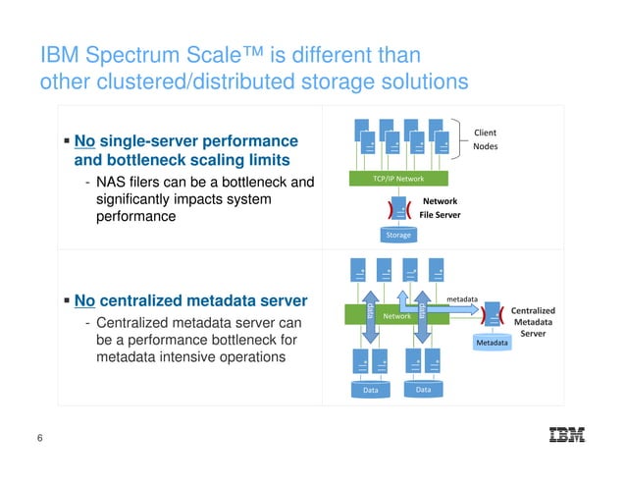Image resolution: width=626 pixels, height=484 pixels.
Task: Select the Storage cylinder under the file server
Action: coord(397,234)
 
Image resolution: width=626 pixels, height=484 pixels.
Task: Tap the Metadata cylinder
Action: coord(492,343)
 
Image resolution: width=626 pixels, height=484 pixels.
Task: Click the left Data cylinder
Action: coord(370,390)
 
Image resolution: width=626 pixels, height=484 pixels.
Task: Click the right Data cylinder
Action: coord(423,390)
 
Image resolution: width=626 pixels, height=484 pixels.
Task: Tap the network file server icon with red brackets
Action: coord(397,209)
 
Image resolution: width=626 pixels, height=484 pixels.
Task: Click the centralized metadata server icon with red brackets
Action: coord(491,315)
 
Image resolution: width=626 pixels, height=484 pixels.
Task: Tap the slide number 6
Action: coord(39,439)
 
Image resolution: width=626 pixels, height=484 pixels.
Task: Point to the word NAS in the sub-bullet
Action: coord(113,182)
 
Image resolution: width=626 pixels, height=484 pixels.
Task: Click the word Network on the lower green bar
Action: coord(396,316)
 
